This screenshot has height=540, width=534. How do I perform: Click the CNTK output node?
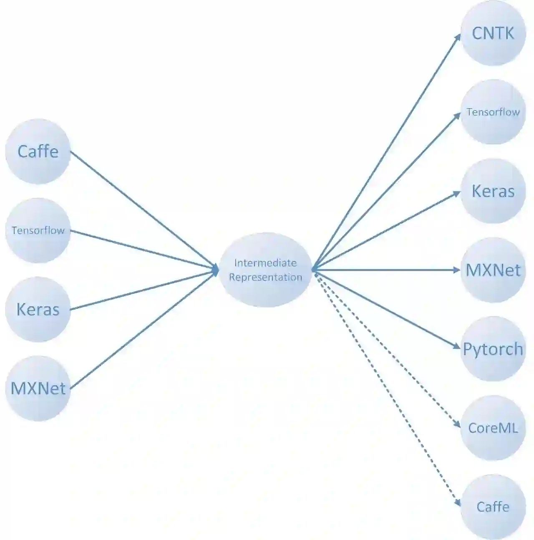point(493,33)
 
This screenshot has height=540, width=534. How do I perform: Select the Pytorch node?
point(493,349)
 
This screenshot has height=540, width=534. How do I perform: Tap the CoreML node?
point(493,428)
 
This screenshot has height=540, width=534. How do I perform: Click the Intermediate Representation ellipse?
point(265,270)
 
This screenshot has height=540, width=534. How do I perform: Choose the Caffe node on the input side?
point(38,151)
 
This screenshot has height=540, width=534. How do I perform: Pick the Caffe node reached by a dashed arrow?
point(493,507)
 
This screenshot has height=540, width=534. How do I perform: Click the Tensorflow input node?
point(38,230)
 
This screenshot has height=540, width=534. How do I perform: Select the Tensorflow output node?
point(493,112)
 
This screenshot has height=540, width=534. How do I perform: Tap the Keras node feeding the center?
point(38,309)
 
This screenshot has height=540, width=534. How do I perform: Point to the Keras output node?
point(493,191)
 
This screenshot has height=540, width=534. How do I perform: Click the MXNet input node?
point(38,388)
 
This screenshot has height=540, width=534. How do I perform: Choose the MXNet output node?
point(493,270)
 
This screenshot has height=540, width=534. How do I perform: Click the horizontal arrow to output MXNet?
point(386,270)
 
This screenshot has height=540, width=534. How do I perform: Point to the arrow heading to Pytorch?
point(386,309)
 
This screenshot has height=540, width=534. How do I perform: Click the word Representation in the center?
point(265,277)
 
